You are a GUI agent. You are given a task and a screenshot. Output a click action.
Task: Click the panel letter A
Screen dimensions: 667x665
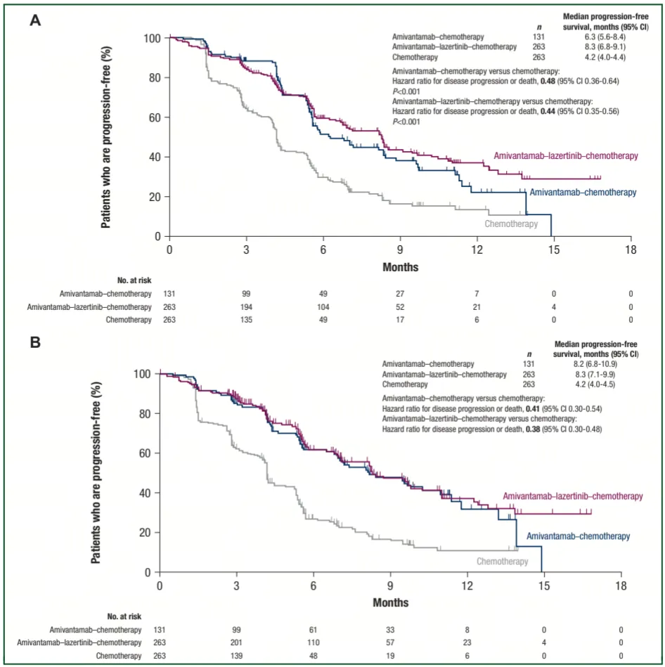coord(34,20)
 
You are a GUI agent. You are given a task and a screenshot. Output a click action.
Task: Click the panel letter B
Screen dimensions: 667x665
coord(34,345)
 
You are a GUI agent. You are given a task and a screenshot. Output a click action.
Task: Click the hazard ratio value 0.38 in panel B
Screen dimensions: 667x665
coord(533,429)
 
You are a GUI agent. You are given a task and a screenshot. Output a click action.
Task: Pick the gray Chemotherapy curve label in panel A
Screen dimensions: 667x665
coord(511,224)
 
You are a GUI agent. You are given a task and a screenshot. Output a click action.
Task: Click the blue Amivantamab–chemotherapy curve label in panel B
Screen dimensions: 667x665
coord(578,536)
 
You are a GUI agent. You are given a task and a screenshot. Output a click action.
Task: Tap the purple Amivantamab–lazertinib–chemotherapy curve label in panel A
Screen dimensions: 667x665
coord(566,155)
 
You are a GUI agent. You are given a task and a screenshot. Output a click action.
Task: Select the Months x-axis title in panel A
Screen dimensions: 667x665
coord(401,267)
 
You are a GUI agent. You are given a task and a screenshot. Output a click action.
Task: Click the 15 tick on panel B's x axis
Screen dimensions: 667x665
coord(544,585)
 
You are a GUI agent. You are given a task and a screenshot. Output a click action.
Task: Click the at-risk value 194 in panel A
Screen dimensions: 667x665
coord(246,306)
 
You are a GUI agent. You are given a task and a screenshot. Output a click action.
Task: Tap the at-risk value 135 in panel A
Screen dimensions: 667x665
coord(246,320)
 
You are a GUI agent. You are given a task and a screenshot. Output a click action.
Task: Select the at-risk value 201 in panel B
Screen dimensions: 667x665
coord(237,642)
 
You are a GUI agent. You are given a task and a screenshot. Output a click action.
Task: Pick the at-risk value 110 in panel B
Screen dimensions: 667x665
coord(314,642)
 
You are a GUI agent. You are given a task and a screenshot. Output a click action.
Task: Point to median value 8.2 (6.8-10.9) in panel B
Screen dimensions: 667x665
coord(596,364)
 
